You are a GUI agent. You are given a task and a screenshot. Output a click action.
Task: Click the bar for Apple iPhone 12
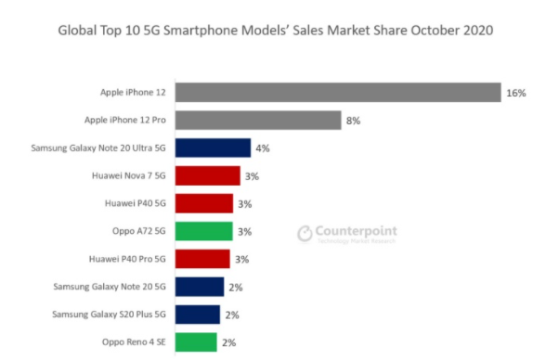[336, 93]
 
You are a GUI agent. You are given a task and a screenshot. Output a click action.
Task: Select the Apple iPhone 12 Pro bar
[257, 121]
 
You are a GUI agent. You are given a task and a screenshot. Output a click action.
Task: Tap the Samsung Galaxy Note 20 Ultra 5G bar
[212, 148]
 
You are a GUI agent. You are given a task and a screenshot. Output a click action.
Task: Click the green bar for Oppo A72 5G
[203, 231]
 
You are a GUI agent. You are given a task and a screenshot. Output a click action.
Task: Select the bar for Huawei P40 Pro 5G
[201, 259]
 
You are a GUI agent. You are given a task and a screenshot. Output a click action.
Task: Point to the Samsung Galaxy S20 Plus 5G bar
[197, 314]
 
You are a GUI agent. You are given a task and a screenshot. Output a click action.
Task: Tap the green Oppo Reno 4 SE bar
[195, 341]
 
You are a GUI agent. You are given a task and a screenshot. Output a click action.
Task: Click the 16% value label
[516, 94]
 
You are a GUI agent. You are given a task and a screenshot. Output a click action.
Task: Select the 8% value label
[354, 121]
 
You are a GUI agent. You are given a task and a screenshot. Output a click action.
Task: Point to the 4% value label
[263, 148]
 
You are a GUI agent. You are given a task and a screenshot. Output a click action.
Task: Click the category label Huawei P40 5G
[135, 203]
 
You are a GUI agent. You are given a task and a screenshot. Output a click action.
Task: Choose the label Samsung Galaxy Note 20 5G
[110, 287]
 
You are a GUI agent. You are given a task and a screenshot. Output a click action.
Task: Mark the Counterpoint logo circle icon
[305, 233]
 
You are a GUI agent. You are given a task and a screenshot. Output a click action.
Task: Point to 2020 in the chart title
[477, 31]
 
